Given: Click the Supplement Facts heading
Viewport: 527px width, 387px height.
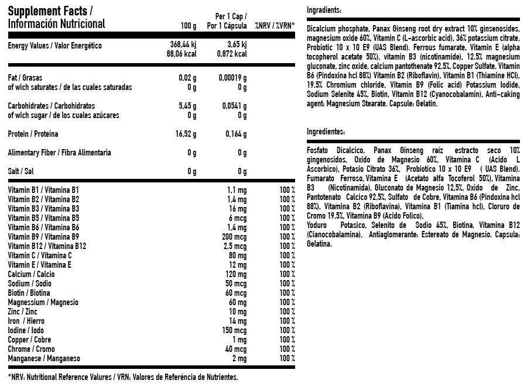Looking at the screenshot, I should coord(50,11).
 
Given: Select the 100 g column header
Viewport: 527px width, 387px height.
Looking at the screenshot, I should coord(189,26).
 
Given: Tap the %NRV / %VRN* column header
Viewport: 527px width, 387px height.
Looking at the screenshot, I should coord(275,26).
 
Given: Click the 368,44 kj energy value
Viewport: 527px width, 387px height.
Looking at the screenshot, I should coord(182,44).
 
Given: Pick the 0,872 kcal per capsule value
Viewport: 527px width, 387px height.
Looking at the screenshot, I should coord(232,54).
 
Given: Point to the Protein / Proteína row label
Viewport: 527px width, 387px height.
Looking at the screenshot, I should coord(33,134).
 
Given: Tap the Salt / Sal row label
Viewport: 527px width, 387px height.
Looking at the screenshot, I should coord(21,171).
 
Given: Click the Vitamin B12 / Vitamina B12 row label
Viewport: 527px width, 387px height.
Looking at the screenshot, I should coord(47,246).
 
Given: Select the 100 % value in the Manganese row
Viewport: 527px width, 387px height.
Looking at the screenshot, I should coord(287,358).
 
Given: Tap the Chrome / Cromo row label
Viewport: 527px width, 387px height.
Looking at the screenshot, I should coord(29,349).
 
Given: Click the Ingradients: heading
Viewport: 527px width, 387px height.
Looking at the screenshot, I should coord(324,11).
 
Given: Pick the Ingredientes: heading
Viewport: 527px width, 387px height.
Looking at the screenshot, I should coord(326,133).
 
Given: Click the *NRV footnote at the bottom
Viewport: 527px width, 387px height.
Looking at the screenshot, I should coord(124,377).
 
